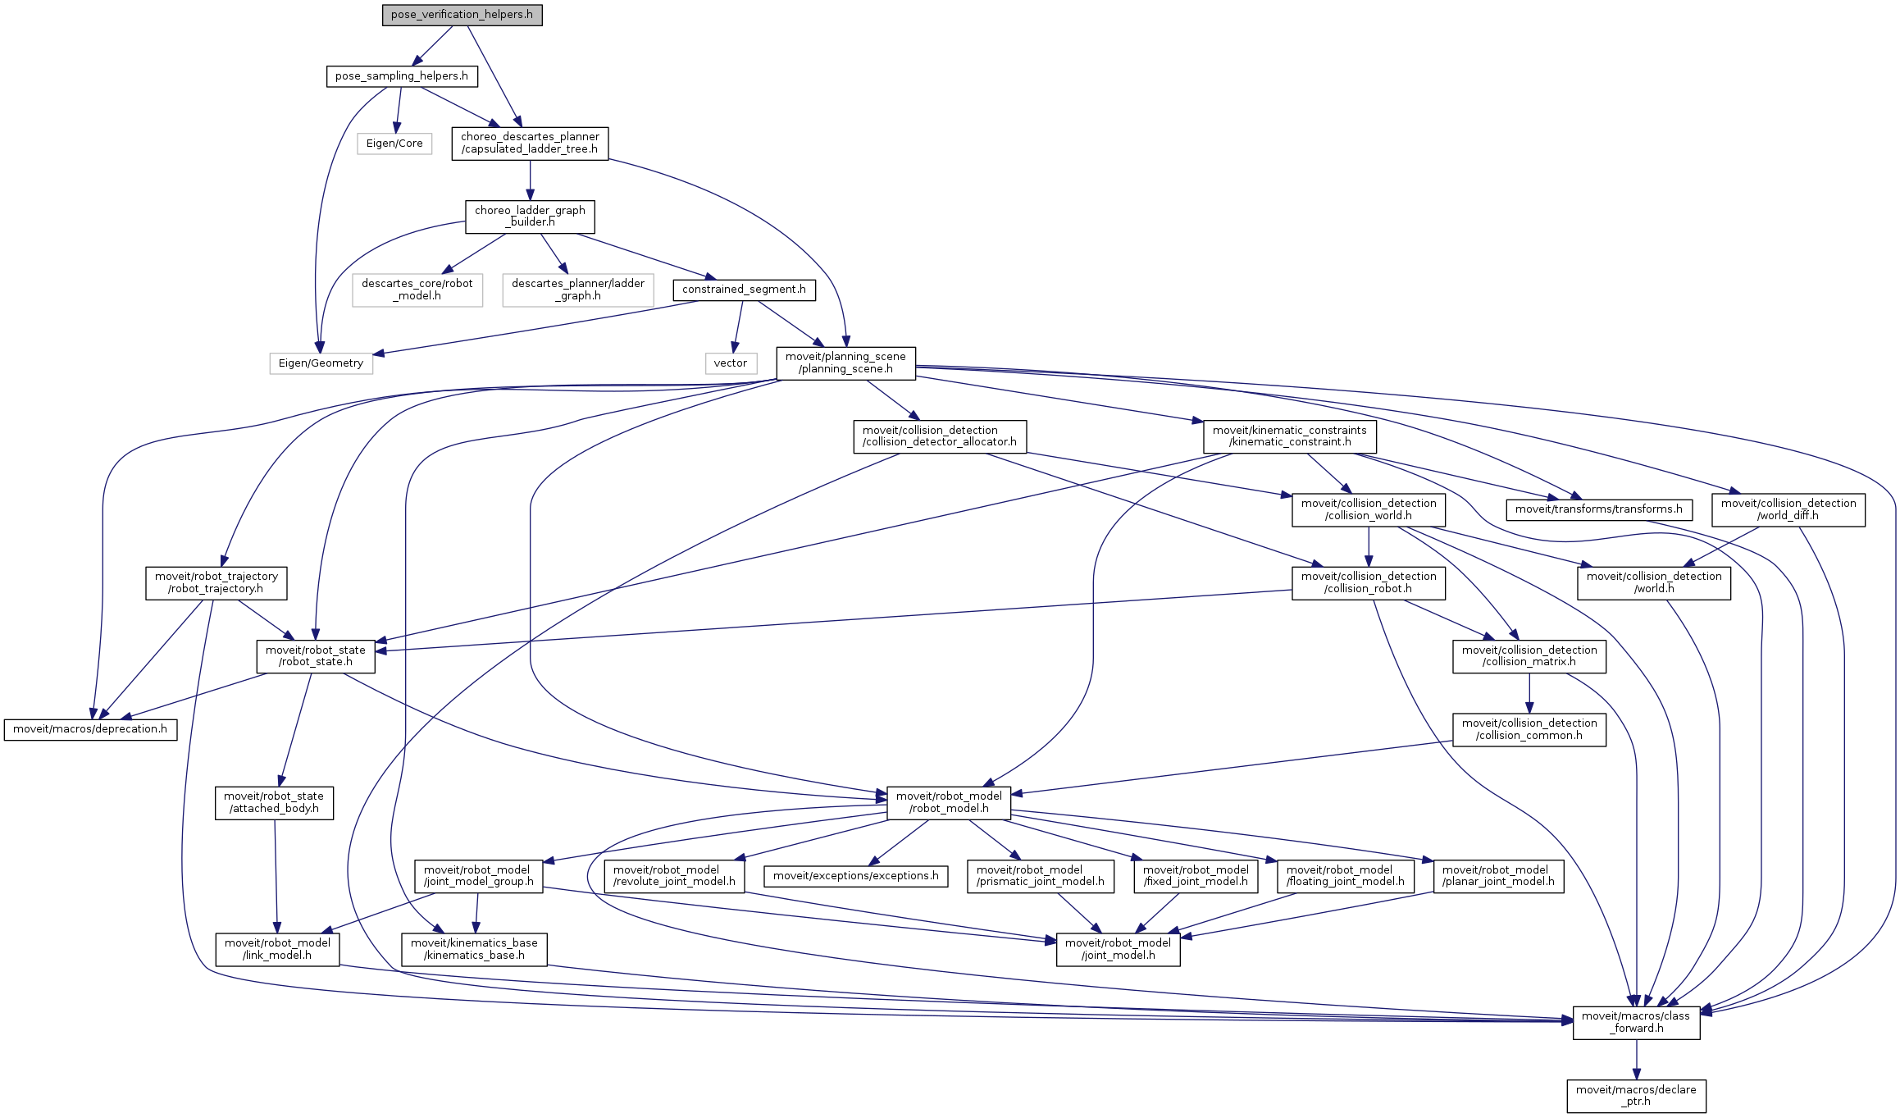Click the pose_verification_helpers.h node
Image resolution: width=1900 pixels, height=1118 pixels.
[x=462, y=15]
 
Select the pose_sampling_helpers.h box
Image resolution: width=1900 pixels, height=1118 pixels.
[x=401, y=76]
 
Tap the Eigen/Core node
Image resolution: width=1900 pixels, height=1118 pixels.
[x=394, y=144]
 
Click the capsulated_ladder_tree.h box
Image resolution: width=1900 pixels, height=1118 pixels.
[x=530, y=144]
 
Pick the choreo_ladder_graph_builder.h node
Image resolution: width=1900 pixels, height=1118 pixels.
[x=530, y=217]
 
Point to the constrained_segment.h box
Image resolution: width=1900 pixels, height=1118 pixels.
[x=744, y=290]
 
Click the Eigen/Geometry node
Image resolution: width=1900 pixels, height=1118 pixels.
[x=321, y=363]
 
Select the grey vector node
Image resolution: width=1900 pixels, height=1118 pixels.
[x=730, y=363]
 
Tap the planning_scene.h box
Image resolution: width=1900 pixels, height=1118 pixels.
[x=845, y=363]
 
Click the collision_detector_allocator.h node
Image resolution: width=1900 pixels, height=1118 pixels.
[x=939, y=436]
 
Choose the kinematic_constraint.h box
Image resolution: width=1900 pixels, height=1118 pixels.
[x=1289, y=436]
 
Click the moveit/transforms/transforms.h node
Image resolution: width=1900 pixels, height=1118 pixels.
[x=1598, y=509]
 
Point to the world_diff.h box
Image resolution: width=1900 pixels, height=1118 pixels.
[x=1788, y=509]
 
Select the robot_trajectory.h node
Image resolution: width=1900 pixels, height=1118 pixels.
[x=216, y=583]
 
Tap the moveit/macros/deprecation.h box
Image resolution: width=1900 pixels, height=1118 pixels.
[x=90, y=729]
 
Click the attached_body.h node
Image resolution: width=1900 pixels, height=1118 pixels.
[x=274, y=803]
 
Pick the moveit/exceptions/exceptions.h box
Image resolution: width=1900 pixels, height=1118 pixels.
[x=855, y=876]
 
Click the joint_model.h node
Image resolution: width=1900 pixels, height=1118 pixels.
[x=1118, y=949]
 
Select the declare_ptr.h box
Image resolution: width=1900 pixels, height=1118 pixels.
[x=1636, y=1096]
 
